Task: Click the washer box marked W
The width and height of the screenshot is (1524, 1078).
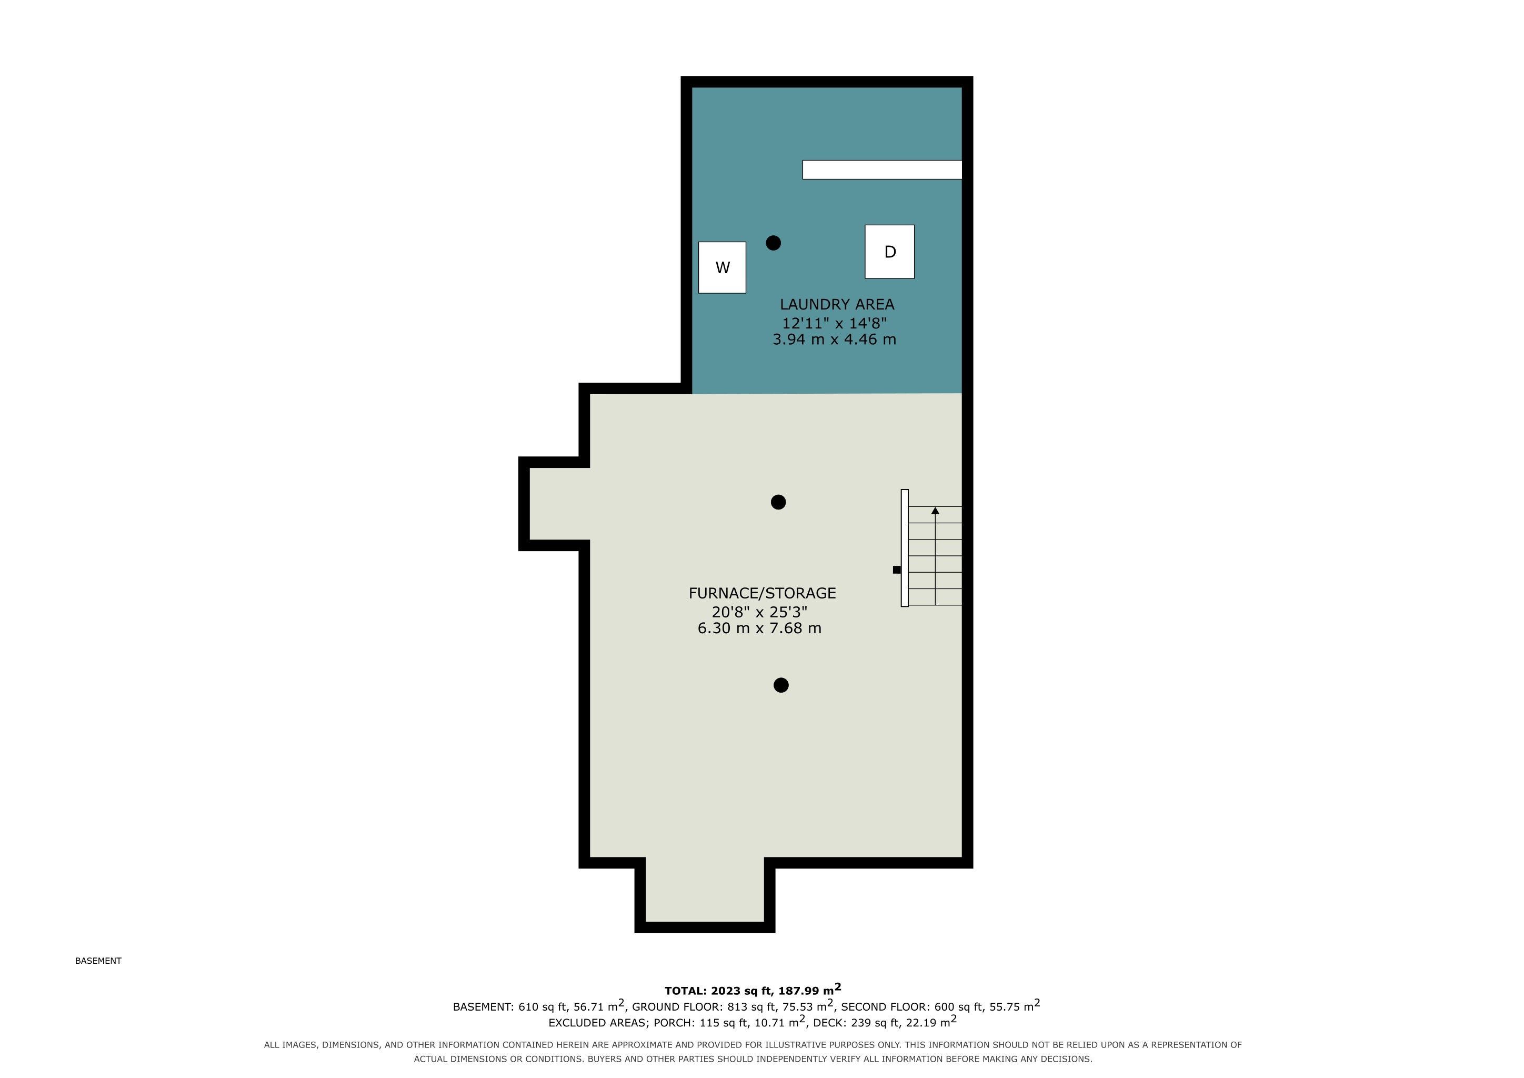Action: (x=722, y=267)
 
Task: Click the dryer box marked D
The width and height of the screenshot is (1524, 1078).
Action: (x=889, y=252)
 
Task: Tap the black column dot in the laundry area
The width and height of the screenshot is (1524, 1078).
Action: (x=773, y=243)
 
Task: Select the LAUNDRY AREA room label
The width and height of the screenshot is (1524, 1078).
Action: (x=837, y=305)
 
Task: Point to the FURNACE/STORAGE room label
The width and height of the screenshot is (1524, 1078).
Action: (x=762, y=593)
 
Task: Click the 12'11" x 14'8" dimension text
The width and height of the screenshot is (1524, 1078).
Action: (x=834, y=323)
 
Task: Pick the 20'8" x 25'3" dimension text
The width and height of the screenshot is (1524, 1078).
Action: (x=759, y=611)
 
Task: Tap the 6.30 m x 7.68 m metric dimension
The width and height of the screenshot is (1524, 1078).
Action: (x=759, y=628)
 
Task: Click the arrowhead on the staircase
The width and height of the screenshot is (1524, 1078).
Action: (x=935, y=511)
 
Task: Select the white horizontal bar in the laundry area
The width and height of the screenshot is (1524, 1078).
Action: (x=882, y=170)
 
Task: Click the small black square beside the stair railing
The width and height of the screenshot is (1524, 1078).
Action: (x=897, y=570)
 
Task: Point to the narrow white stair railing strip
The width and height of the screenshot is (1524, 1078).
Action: (x=905, y=547)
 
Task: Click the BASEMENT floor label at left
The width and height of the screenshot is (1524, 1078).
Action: (x=98, y=961)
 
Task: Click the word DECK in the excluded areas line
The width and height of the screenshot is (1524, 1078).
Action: (x=826, y=1023)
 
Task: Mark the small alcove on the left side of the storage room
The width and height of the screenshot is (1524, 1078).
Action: (x=559, y=504)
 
